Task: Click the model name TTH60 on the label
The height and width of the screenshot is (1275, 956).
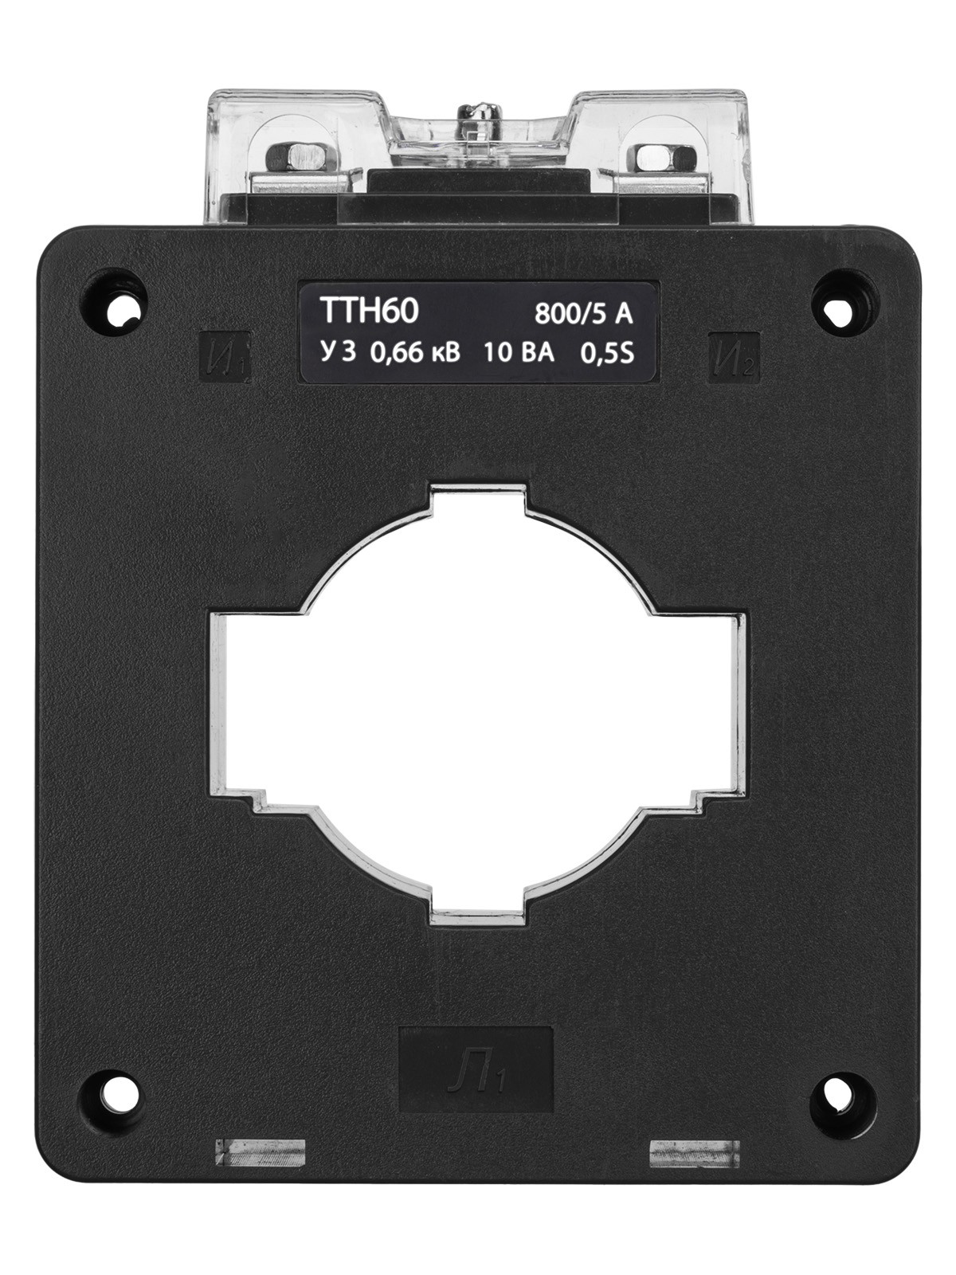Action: point(369,312)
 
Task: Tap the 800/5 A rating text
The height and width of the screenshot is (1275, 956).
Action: point(583,314)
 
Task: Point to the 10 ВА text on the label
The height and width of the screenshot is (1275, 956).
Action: point(519,353)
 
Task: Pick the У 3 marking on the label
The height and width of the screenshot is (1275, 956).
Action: point(338,352)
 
